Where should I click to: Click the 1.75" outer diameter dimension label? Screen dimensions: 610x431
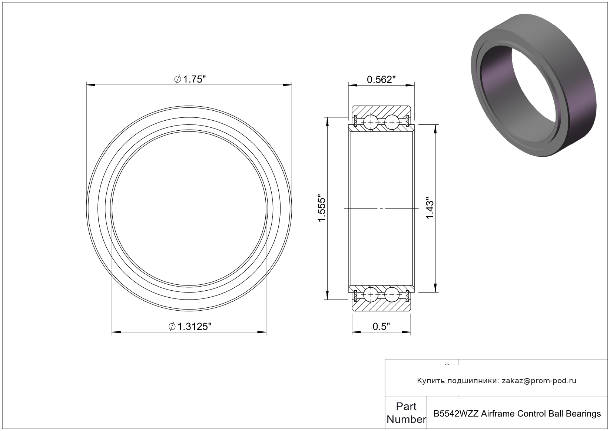pos(190,80)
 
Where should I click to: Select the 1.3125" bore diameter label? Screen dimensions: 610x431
pos(190,327)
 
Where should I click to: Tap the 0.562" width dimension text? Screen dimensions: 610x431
pos(381,80)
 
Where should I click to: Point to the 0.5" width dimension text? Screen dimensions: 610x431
pos(381,327)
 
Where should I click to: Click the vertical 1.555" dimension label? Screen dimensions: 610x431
pos(322,208)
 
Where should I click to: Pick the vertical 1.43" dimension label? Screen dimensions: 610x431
pos(430,208)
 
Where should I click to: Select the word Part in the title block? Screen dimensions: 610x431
pos(406,406)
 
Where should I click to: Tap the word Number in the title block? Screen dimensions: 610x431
pos(406,419)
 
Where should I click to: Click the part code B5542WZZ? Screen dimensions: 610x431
pos(456,414)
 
